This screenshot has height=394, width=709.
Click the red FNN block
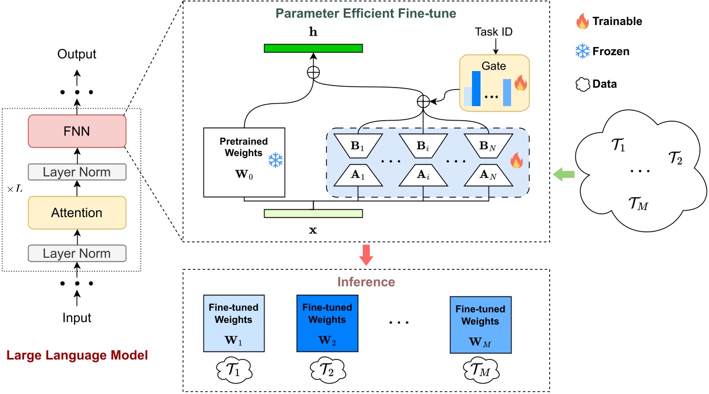(x=77, y=131)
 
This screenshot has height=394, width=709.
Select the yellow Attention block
(x=77, y=213)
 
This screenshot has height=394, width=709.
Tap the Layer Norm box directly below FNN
(x=77, y=172)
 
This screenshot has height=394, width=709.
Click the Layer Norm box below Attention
(x=77, y=253)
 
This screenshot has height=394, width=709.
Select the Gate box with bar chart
(x=494, y=83)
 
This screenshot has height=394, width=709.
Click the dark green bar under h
(x=313, y=48)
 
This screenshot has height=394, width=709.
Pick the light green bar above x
(x=313, y=213)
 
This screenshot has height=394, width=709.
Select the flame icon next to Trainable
(x=582, y=22)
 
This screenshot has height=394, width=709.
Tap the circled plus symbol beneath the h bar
(x=313, y=72)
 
